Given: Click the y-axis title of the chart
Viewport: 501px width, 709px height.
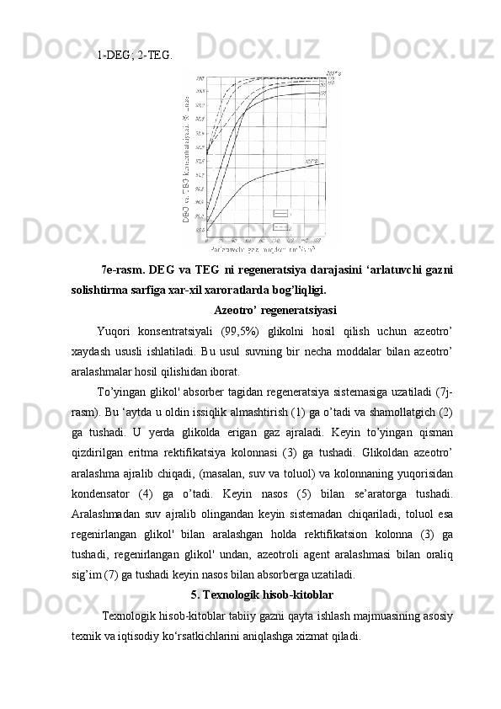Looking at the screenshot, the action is point(184,160).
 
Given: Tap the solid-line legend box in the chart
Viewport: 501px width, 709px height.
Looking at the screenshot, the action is point(280,214).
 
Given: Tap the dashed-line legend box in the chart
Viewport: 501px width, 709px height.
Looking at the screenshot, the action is point(280,227).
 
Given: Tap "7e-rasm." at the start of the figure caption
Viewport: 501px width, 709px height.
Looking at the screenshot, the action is point(123,270).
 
